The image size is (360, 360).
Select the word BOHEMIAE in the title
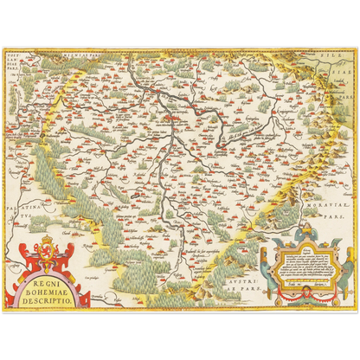click(x=42, y=290)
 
